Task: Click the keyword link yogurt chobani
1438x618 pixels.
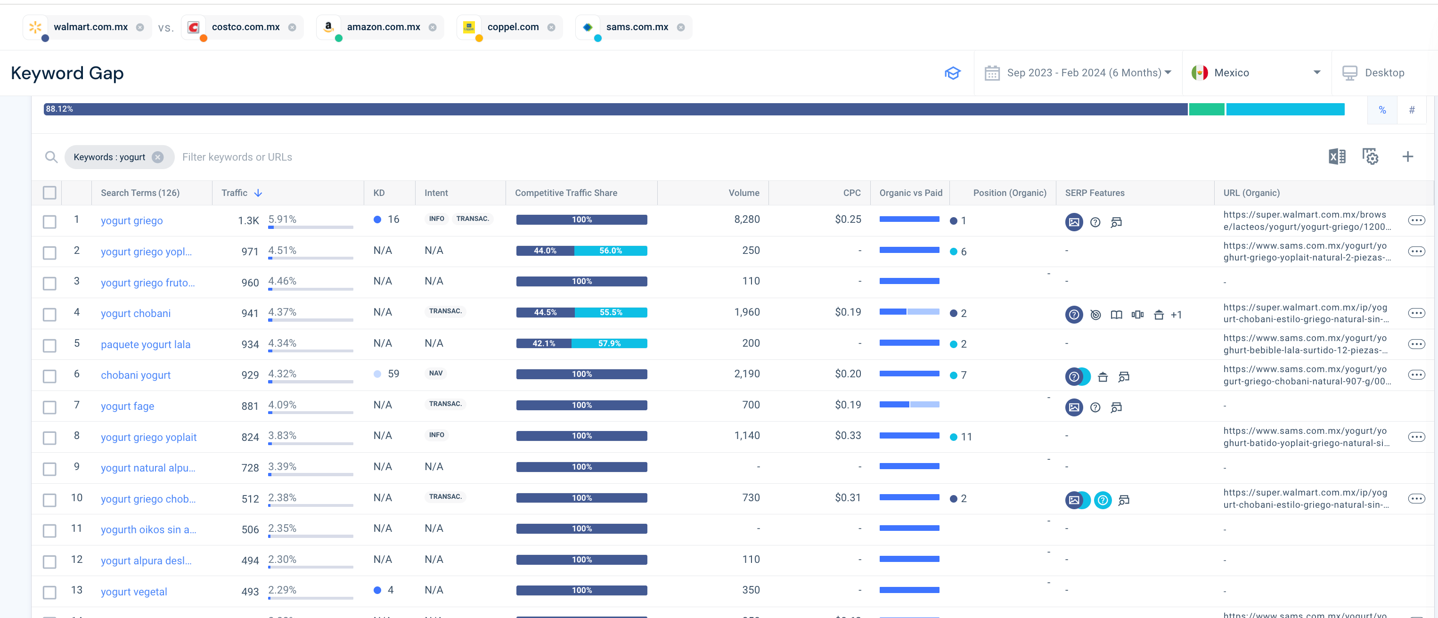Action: (136, 313)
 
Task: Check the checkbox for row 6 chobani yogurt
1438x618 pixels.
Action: (49, 376)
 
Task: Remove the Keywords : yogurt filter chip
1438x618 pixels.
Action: (158, 157)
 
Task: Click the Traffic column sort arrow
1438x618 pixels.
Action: (258, 193)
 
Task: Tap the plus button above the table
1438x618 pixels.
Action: (1407, 157)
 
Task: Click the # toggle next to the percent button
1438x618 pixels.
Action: (1412, 109)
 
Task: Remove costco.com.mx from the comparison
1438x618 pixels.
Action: (292, 27)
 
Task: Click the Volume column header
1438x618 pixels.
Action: (744, 193)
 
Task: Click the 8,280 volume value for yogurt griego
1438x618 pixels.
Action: (746, 220)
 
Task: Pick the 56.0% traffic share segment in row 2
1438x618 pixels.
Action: (611, 251)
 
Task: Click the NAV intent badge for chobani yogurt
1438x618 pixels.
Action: (436, 373)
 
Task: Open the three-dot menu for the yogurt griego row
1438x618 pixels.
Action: (1416, 220)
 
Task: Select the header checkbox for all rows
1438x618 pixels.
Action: (49, 193)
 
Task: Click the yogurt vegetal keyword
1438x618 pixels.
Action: (134, 591)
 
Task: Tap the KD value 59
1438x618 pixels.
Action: (393, 374)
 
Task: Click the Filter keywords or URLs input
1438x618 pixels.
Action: (237, 157)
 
